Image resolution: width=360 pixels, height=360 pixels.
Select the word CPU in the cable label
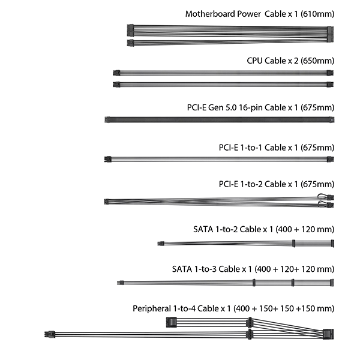(254, 61)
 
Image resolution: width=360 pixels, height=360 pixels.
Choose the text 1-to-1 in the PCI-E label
(251, 148)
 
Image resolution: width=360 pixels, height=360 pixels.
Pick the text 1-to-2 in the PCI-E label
(251, 184)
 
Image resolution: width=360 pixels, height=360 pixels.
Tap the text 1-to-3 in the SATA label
(205, 269)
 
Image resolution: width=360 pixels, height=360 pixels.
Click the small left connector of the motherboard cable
(130, 43)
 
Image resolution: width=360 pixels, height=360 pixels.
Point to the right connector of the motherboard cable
(331, 34)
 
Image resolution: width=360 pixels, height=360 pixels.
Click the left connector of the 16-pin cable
(107, 120)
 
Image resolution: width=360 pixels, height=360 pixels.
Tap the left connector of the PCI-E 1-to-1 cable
(107, 160)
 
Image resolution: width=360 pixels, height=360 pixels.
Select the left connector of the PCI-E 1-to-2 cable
(106, 202)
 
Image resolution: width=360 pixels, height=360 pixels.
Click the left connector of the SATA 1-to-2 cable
(161, 244)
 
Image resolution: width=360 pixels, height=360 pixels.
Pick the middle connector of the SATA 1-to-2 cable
(293, 244)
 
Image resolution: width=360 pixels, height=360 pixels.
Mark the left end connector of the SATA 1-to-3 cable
(121, 283)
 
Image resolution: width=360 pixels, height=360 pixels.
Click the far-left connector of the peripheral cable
(50, 334)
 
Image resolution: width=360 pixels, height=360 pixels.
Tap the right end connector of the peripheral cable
(328, 334)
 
